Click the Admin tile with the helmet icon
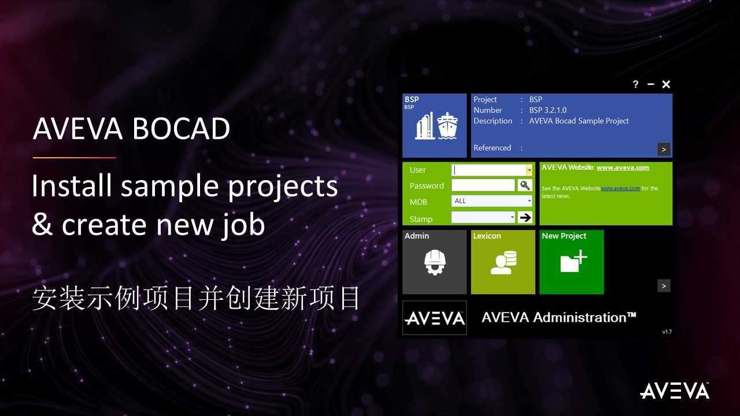click(x=434, y=262)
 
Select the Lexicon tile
click(x=503, y=262)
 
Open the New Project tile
click(x=572, y=262)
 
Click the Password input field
click(x=483, y=185)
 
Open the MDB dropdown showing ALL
click(x=492, y=201)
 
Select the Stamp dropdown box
click(x=483, y=218)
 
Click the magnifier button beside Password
click(x=524, y=185)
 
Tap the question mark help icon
click(x=635, y=84)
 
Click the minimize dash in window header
click(x=650, y=84)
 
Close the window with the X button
click(x=666, y=84)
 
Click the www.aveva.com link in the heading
click(x=623, y=168)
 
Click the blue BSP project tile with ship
click(x=434, y=125)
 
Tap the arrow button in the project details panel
click(x=664, y=149)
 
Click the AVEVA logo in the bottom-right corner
click(x=675, y=391)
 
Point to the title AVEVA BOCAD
click(x=132, y=129)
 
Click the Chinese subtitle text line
click(x=196, y=299)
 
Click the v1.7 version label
click(x=667, y=332)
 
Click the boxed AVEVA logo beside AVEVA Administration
click(x=434, y=318)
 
